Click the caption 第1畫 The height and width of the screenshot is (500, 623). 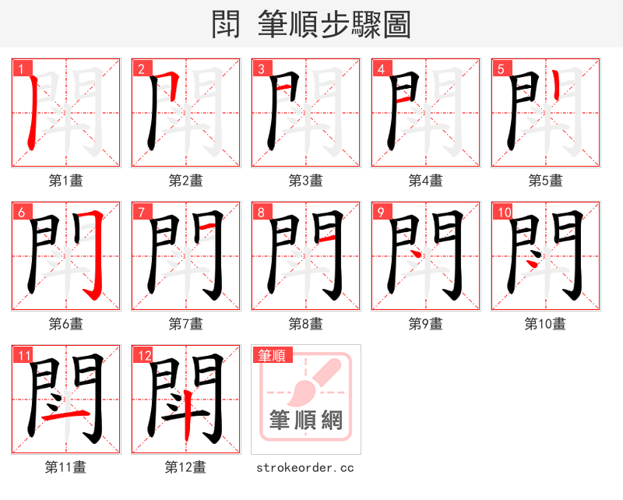point(65,181)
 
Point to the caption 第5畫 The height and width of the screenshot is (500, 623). point(545,181)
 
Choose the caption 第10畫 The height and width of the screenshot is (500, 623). point(545,324)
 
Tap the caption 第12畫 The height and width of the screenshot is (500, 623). point(185,467)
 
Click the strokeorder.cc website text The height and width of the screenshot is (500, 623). point(305,467)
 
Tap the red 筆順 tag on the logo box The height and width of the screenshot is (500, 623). point(271,355)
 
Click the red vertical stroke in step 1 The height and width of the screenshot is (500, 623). point(30,117)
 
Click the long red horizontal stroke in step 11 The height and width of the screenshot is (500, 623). point(65,416)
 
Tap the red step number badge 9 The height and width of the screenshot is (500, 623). point(382,212)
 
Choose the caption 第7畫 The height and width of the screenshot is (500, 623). point(185,324)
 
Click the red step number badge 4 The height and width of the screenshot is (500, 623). point(382,69)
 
